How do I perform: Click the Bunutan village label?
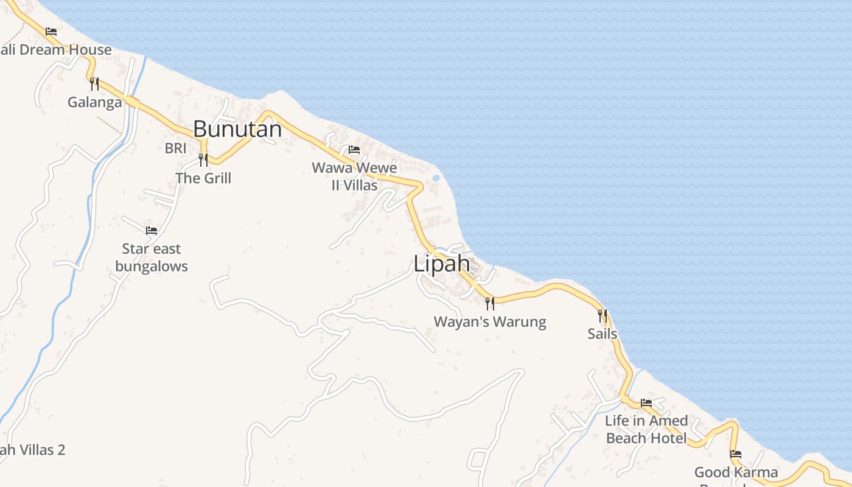(237, 129)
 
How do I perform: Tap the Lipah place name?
(441, 264)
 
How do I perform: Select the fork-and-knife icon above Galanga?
(94, 83)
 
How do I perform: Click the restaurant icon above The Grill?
(203, 160)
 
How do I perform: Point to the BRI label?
(175, 148)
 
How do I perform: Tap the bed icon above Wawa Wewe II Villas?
(354, 150)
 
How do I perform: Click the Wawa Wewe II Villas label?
(354, 176)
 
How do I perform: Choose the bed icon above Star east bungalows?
(152, 231)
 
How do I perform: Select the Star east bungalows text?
(152, 258)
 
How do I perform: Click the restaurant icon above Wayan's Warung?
(490, 303)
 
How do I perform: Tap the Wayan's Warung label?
(490, 322)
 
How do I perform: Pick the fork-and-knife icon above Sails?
(602, 315)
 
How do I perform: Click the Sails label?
(602, 334)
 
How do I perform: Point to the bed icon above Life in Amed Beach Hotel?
(646, 403)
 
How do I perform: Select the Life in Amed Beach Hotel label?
(646, 429)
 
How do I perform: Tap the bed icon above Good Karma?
(736, 454)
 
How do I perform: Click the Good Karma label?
(736, 472)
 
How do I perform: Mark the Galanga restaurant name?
(94, 102)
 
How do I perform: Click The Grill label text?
(203, 178)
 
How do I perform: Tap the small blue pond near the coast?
(436, 178)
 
